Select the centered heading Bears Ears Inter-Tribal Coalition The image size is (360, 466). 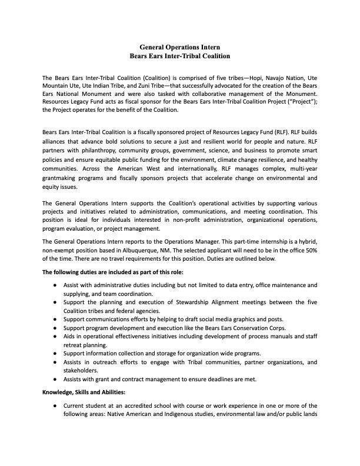tap(180, 56)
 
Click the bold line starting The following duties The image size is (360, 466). tap(113, 272)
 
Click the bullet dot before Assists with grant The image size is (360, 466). tap(55, 380)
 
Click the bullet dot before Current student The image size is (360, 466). tap(55, 406)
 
